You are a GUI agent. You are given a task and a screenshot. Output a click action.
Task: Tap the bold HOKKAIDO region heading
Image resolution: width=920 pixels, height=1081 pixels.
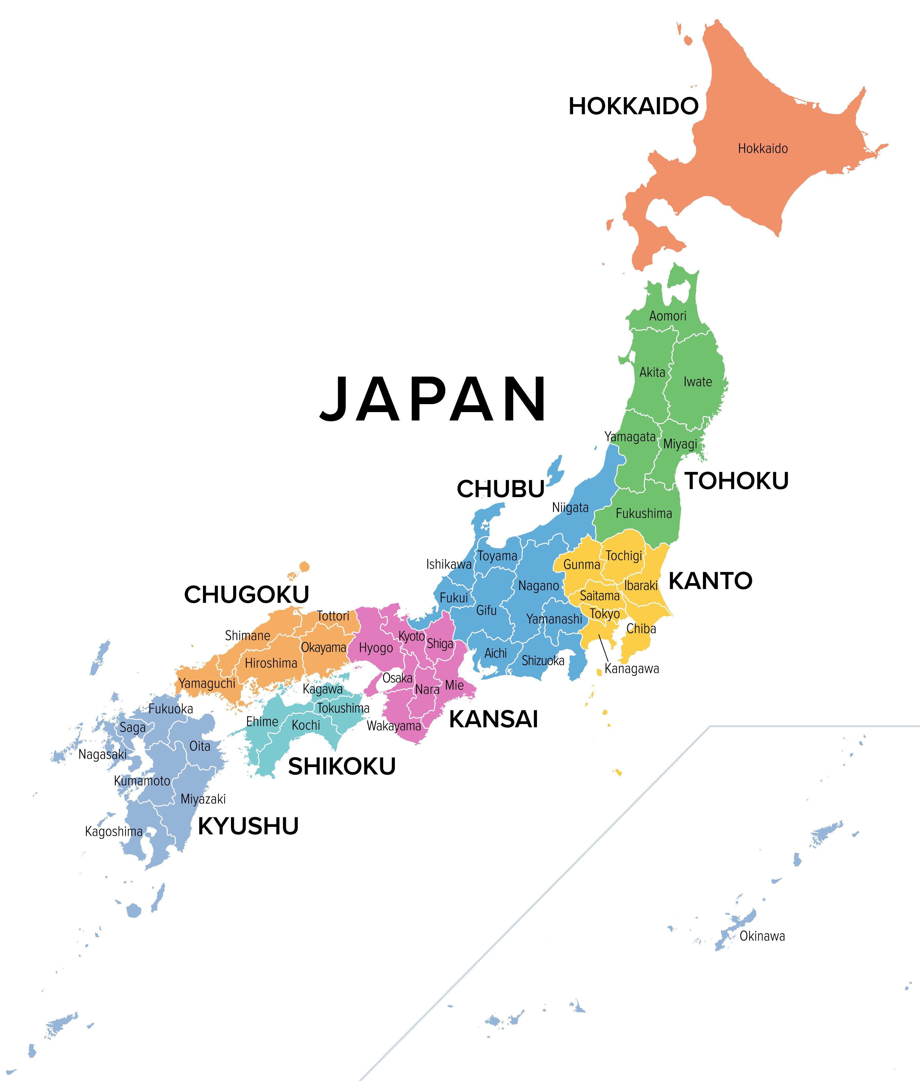coord(633,106)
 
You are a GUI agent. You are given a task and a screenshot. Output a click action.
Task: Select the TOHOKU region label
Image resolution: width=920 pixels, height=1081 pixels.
coord(736,481)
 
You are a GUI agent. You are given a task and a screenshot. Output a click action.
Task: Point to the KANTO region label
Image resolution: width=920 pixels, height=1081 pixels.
coord(710,581)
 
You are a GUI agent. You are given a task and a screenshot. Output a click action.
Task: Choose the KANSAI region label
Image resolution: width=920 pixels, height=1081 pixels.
coord(493,719)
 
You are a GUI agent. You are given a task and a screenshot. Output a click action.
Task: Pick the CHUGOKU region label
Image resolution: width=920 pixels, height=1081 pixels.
coord(247,595)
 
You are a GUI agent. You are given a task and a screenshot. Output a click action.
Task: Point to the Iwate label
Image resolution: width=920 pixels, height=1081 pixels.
coord(698,382)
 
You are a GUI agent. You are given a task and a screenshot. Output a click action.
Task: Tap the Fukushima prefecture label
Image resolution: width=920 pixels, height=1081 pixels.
coord(644,513)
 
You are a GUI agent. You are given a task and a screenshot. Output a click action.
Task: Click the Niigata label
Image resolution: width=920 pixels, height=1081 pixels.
coord(570,508)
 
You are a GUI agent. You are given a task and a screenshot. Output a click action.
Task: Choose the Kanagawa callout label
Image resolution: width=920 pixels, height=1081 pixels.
coord(632,669)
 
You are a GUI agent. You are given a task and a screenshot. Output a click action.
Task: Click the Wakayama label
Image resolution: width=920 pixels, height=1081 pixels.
coord(394,726)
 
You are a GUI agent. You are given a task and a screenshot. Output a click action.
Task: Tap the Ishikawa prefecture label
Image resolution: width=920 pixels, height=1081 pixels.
coord(448,564)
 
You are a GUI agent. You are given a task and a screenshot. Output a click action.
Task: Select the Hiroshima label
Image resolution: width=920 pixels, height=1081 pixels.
coord(271,663)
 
